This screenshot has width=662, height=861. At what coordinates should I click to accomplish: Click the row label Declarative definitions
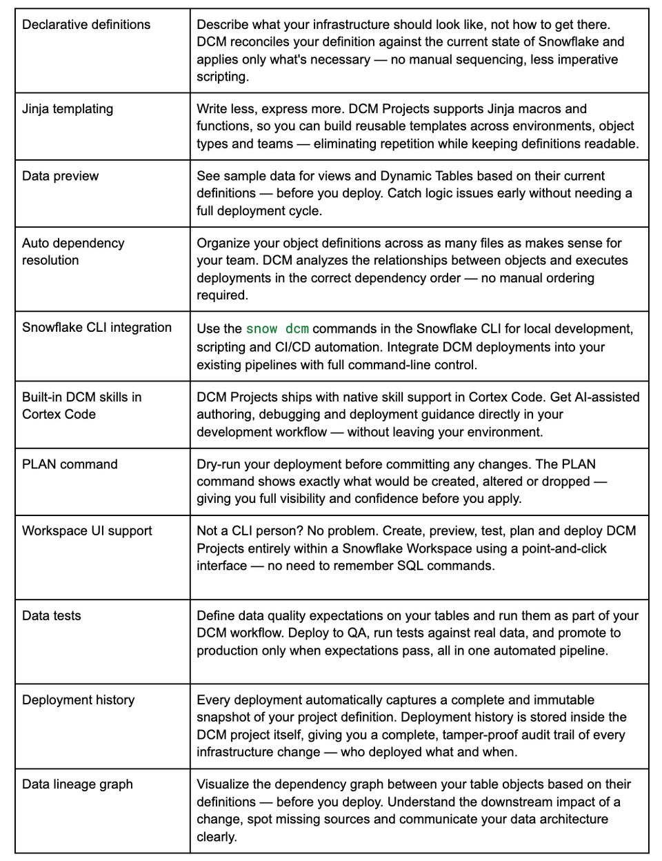point(86,25)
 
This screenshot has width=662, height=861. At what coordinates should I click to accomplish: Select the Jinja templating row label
point(68,109)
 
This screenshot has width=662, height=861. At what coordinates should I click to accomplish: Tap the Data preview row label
point(60,176)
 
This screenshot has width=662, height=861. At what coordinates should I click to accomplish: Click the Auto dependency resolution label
point(73,252)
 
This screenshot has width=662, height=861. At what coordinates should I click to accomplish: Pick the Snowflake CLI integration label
point(97,328)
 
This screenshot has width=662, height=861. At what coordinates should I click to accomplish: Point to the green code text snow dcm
point(277,329)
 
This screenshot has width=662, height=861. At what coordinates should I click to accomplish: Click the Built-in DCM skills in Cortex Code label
point(81,406)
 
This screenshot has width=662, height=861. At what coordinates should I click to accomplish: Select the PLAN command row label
point(70,464)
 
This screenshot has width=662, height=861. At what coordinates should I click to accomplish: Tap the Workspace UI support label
point(87,531)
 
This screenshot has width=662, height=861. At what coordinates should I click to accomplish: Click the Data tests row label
point(52,616)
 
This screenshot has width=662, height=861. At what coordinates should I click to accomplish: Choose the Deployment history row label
point(79,700)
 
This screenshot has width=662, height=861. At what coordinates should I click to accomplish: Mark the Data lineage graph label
point(77,784)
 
